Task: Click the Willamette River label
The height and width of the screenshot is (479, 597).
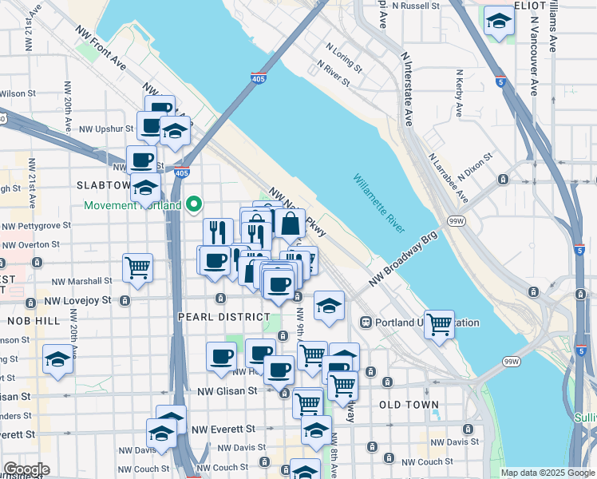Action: tap(378, 205)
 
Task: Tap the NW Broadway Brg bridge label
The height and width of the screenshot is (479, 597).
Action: tap(405, 261)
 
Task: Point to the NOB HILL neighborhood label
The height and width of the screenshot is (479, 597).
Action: tap(29, 320)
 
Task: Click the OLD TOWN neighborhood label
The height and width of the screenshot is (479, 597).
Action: tap(409, 405)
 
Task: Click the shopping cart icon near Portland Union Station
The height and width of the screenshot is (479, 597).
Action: tap(439, 324)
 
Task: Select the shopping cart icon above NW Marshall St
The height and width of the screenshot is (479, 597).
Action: tap(137, 267)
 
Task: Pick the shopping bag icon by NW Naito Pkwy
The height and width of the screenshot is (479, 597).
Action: tap(291, 224)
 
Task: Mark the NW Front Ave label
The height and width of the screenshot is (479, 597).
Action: tap(102, 53)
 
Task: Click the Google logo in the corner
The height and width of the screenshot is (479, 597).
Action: tap(26, 469)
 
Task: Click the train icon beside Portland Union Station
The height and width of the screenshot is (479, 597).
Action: tap(366, 323)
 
